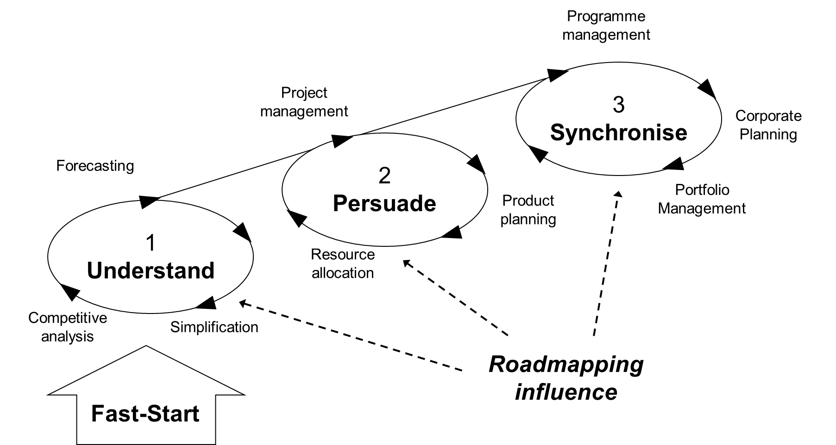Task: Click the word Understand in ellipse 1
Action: (x=151, y=271)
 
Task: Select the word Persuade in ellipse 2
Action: (x=384, y=204)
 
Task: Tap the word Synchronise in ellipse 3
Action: (x=618, y=133)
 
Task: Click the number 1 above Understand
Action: (x=151, y=243)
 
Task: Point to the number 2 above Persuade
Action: (x=384, y=176)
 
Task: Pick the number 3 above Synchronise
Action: (x=619, y=105)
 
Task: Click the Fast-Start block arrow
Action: (x=145, y=407)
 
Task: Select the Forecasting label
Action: (x=95, y=166)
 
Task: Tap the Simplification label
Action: (x=214, y=327)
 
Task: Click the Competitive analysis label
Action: (x=68, y=327)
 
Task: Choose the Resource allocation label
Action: (x=343, y=264)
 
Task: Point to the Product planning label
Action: (x=528, y=210)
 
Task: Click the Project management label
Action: (x=304, y=102)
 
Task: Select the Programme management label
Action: (x=606, y=25)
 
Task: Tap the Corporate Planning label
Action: (x=768, y=125)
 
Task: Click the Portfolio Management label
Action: (x=702, y=199)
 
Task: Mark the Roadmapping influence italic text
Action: (x=566, y=378)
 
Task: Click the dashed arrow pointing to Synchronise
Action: (x=606, y=264)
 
